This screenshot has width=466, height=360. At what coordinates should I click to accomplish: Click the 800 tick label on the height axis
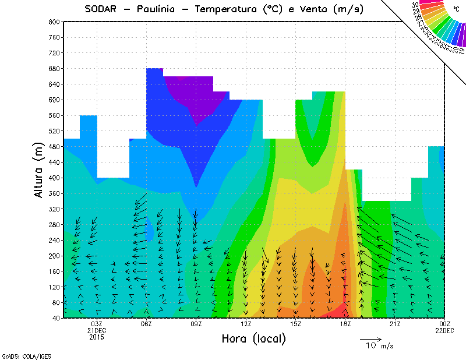click(x=54, y=22)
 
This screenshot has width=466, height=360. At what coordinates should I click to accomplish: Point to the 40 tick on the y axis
click(x=55, y=318)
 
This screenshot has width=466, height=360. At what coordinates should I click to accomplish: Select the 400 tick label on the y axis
click(x=54, y=178)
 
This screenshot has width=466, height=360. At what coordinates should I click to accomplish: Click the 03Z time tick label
click(x=97, y=324)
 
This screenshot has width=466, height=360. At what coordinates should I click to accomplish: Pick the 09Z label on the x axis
click(x=196, y=324)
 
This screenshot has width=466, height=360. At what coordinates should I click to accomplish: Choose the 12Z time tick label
click(x=246, y=324)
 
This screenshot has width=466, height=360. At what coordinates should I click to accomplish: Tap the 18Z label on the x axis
click(x=345, y=324)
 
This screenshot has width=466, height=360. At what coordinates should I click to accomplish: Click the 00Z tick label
click(x=444, y=324)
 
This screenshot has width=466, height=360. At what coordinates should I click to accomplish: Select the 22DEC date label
click(x=444, y=330)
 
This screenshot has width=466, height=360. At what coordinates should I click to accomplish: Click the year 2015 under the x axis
click(x=97, y=337)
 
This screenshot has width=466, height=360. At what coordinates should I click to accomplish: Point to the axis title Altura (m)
click(x=39, y=170)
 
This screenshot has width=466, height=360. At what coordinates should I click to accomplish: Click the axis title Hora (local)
click(x=253, y=339)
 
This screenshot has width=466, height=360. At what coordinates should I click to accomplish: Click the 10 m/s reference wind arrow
click(x=370, y=338)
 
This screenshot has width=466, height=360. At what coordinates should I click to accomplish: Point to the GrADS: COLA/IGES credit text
click(x=21, y=355)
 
